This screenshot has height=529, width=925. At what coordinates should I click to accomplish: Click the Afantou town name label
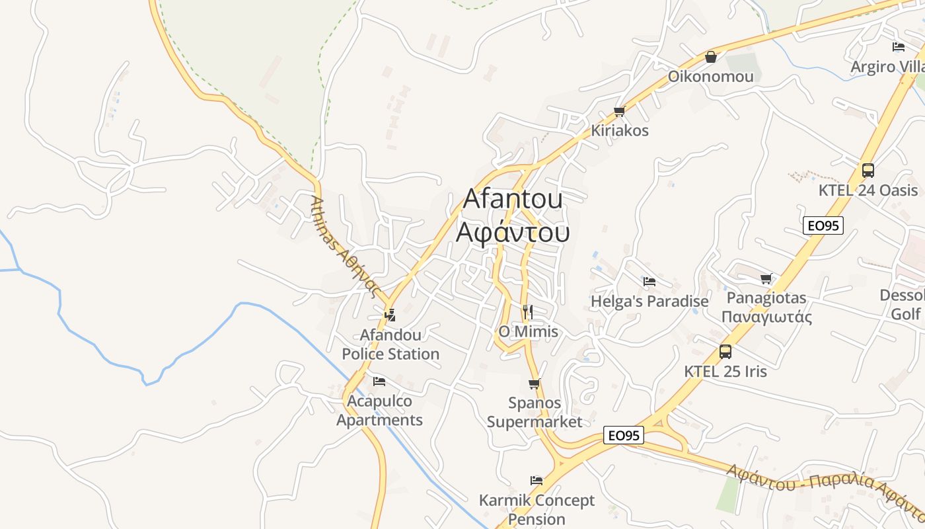tap(513, 199)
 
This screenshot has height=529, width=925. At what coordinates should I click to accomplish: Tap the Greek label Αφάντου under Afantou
tap(513, 233)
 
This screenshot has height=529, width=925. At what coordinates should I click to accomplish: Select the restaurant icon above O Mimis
tap(527, 312)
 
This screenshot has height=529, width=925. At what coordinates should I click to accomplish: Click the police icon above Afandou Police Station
tap(390, 315)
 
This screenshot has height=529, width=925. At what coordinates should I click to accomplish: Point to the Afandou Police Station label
tap(390, 345)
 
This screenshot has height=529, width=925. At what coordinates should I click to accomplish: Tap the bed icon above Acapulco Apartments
tap(379, 382)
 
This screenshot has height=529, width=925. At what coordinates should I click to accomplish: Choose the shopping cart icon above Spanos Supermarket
tap(535, 384)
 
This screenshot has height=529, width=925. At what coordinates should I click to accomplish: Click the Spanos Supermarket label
tap(535, 412)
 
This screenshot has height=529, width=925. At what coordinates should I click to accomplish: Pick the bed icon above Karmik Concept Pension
tap(536, 481)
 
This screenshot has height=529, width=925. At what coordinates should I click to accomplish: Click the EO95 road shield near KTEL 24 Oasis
tap(823, 225)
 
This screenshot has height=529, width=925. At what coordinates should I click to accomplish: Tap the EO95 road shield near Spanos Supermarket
tap(624, 435)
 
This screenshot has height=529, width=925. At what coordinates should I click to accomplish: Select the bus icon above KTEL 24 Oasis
tap(868, 171)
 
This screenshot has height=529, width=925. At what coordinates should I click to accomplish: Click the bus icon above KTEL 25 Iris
tap(725, 352)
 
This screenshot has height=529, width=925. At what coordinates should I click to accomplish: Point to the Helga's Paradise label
tap(649, 302)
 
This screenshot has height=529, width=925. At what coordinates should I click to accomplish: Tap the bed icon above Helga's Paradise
tap(649, 282)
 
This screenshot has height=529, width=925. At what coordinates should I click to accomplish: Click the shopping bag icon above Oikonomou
tap(711, 57)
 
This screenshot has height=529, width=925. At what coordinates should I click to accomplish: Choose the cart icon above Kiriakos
tap(619, 111)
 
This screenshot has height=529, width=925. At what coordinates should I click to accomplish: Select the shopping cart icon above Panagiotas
tap(766, 279)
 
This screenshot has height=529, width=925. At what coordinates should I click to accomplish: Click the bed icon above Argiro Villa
tap(899, 47)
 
